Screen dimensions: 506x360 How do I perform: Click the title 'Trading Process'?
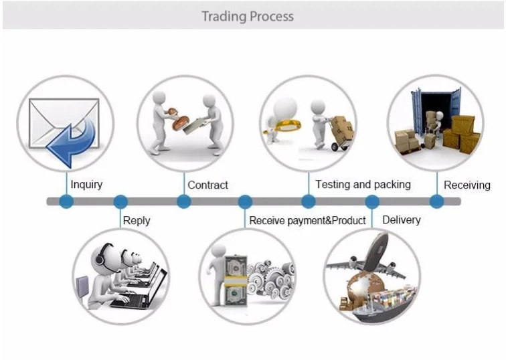coord(248,16)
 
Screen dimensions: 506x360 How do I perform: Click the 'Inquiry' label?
coord(86,185)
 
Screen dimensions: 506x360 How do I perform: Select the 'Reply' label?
coord(137,221)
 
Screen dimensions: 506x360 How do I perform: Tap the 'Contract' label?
coord(207,185)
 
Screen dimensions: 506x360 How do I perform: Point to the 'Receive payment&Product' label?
coord(307,221)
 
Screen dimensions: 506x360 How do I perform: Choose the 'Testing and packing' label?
coord(363,185)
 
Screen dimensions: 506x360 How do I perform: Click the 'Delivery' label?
coord(402,220)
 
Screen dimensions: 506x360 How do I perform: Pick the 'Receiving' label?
coord(467,185)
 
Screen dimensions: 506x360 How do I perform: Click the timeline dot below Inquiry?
coord(66,201)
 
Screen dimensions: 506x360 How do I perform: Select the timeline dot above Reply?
coord(120,201)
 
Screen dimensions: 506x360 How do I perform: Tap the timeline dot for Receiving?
coord(436,201)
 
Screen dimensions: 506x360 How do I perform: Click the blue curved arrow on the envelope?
coord(72,143)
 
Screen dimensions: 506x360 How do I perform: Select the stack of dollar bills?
coord(236,280)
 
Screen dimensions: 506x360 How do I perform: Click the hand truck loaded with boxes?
coord(341,133)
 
